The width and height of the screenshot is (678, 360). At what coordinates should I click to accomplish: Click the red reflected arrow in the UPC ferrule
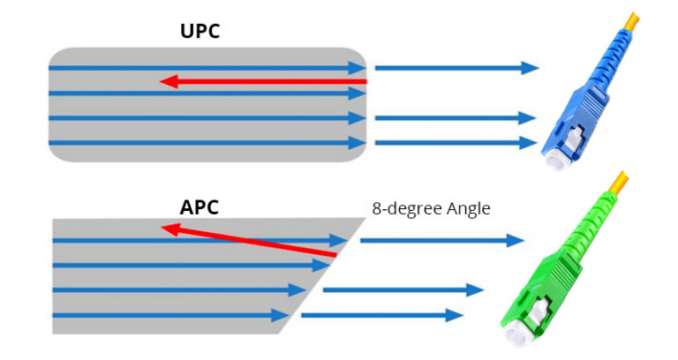tap(265, 82)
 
